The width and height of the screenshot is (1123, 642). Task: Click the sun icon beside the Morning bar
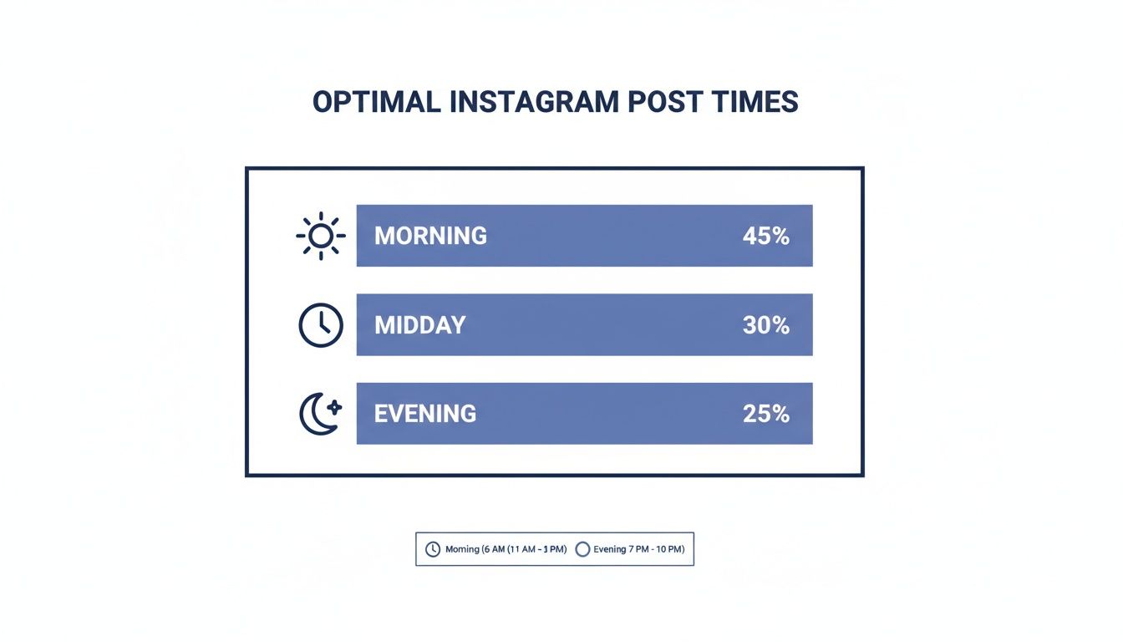click(320, 236)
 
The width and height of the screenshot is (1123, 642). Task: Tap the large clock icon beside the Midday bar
click(320, 325)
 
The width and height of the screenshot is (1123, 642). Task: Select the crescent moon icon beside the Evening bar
click(318, 415)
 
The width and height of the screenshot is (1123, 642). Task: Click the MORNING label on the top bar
click(430, 236)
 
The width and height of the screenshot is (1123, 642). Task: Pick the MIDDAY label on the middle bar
click(419, 325)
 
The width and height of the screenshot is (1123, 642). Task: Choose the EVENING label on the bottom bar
click(425, 414)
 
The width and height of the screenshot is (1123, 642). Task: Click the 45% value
click(765, 236)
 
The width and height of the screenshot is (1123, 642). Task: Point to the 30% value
click(765, 325)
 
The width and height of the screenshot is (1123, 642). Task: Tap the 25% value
click(765, 414)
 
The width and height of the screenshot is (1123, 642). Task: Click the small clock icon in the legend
click(433, 549)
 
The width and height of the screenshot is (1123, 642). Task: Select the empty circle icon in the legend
click(583, 549)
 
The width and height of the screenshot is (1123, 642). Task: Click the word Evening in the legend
click(609, 549)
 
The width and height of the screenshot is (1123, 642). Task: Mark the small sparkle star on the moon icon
click(334, 407)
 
